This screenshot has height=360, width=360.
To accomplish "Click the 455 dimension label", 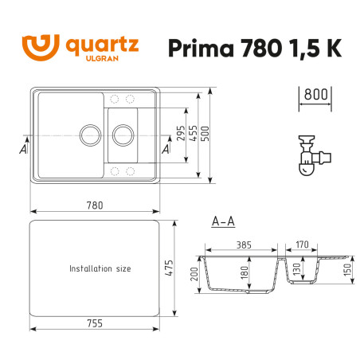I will tap(195, 133).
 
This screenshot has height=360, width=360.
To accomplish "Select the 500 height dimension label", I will tap(208, 133).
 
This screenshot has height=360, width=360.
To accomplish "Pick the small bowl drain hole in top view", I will tap(123, 134).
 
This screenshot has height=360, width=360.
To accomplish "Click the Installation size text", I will tap(100, 269).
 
